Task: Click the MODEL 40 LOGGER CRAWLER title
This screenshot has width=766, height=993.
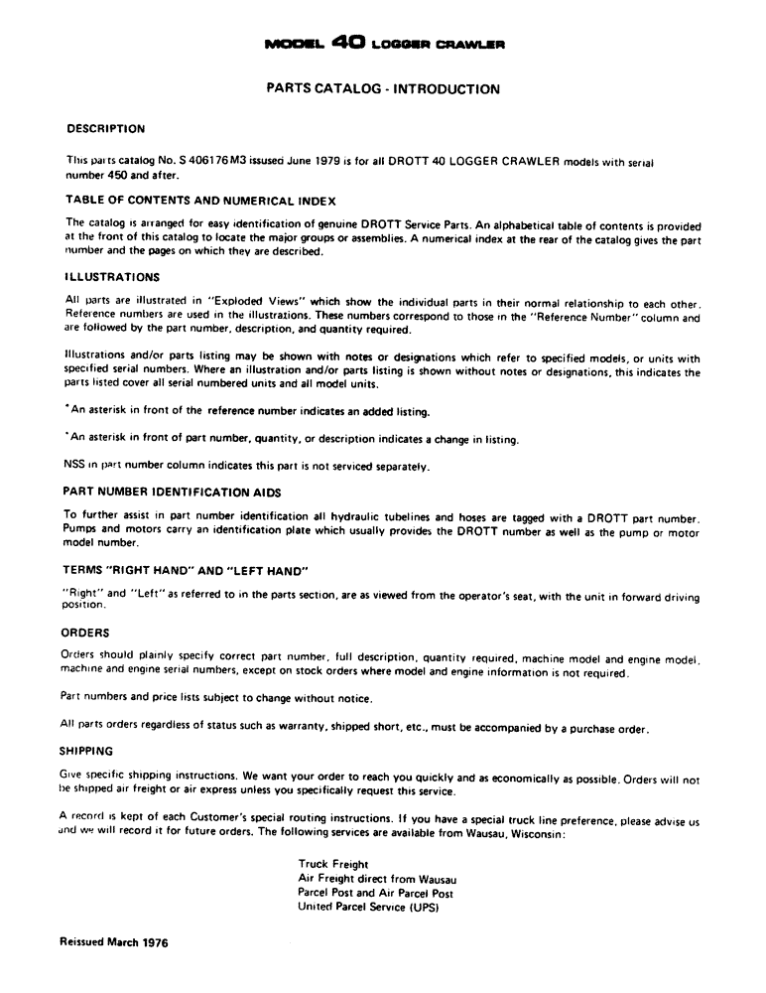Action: pos(382,44)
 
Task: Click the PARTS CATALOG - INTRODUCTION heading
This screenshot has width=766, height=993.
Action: pos(383,89)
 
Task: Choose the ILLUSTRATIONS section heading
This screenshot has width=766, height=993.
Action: pos(110,277)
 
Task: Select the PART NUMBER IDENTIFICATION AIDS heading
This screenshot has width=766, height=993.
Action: pos(172,492)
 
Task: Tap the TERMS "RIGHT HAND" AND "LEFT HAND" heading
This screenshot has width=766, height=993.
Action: pos(186,571)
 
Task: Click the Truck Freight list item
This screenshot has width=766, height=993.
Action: pos(333,864)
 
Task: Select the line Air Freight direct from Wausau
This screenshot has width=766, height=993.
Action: pos(377,879)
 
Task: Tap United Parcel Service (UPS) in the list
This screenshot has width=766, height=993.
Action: pos(368,907)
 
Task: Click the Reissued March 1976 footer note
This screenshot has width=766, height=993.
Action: pos(114,942)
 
